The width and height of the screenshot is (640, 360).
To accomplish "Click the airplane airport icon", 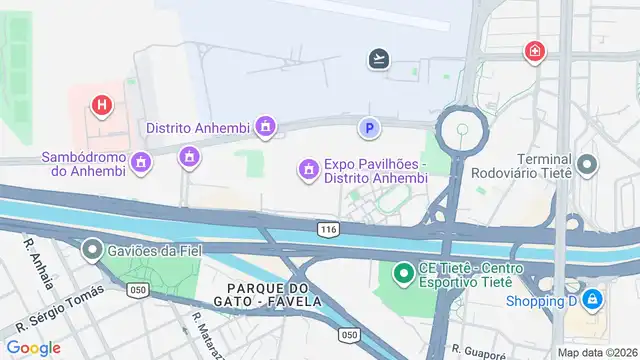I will click(379, 59).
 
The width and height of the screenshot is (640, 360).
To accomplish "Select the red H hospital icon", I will click(100, 104).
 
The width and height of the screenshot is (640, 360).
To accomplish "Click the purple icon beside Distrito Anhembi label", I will click(265, 127).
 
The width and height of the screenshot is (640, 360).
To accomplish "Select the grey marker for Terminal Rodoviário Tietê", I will click(587, 163).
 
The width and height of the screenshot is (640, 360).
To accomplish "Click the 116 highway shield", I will click(327, 229).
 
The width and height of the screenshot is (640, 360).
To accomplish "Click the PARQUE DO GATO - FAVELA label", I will click(267, 294).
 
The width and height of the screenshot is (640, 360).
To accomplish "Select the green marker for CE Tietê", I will click(404, 272).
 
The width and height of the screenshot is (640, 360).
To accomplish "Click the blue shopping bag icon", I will click(593, 299).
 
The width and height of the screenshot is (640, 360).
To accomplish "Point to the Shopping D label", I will click(542, 300).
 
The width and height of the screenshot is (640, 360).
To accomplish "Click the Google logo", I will click(33, 348).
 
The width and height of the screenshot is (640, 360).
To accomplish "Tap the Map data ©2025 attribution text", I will click(597, 352).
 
